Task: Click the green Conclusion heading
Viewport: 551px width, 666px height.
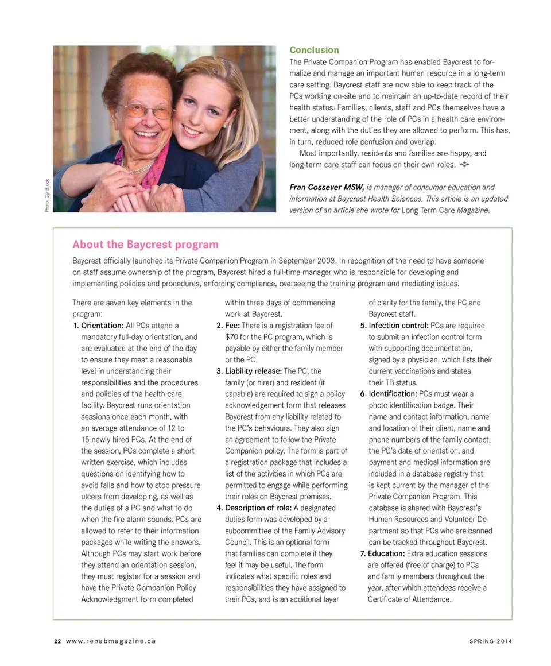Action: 314,50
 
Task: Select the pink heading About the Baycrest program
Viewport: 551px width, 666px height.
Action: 145,244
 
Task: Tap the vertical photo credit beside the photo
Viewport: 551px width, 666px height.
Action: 46,196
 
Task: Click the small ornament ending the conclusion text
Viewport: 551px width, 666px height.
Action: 465,165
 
